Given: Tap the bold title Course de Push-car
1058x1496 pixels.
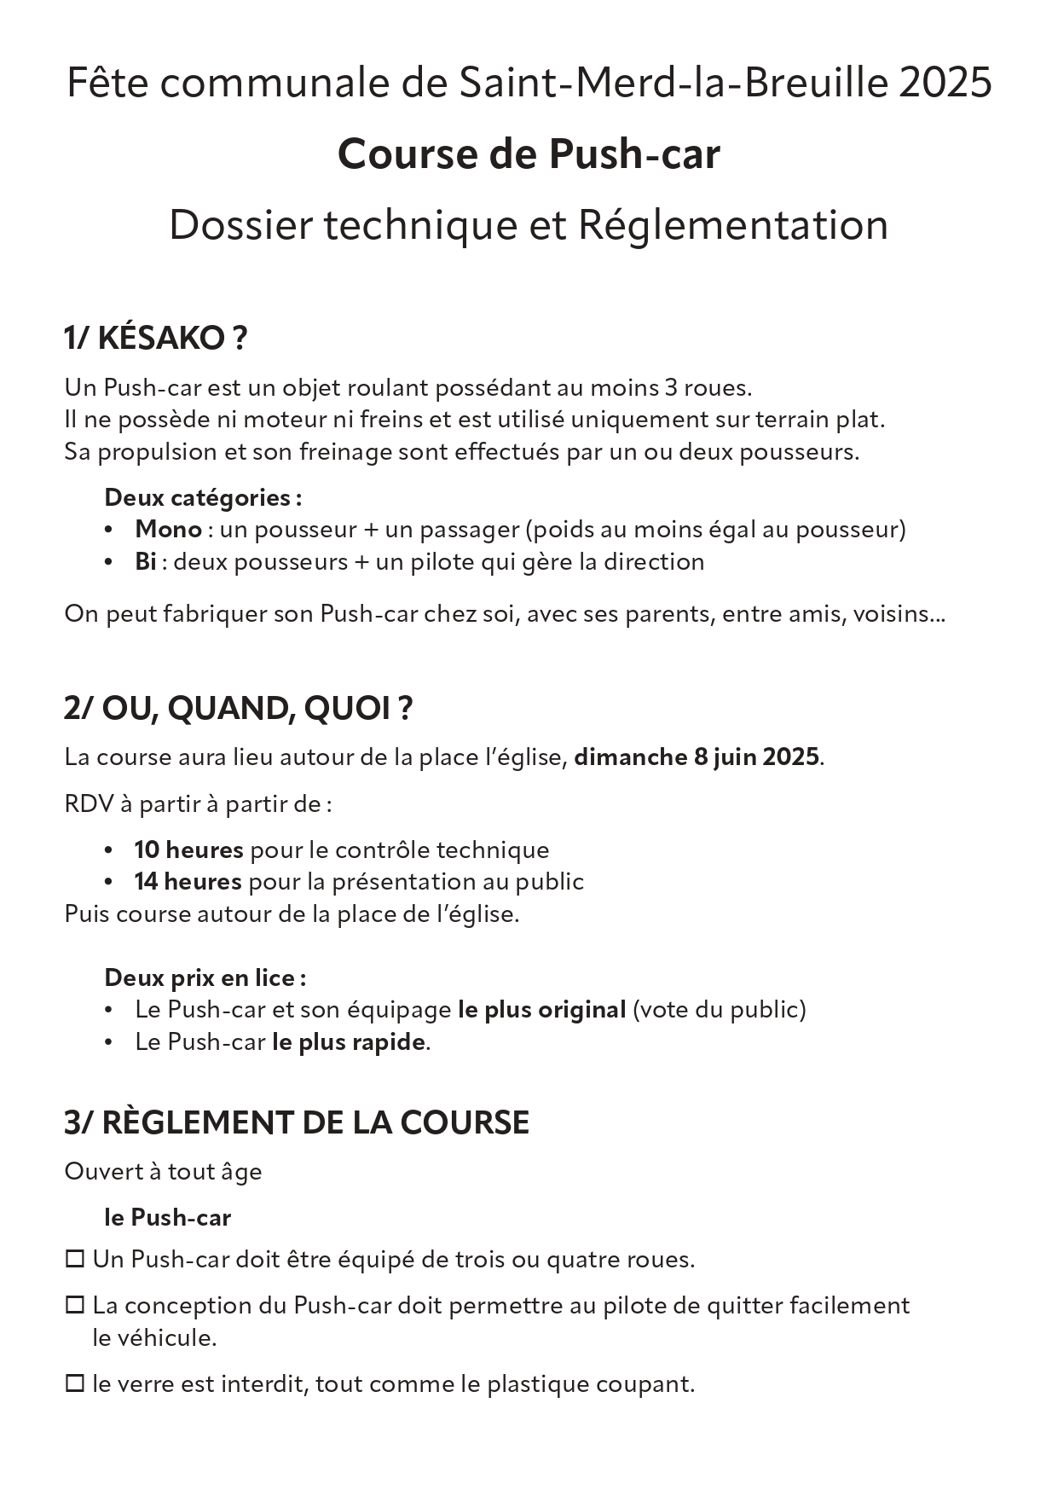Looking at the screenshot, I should pyautogui.click(x=529, y=154).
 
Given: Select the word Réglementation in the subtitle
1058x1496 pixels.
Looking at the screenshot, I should pyautogui.click(x=733, y=225).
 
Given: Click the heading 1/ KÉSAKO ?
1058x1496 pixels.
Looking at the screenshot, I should pyautogui.click(x=155, y=339).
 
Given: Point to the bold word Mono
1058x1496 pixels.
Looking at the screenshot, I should pyautogui.click(x=168, y=530).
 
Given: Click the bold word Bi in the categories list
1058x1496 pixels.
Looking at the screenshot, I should pyautogui.click(x=145, y=562).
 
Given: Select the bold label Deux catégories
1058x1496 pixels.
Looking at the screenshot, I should pyautogui.click(x=202, y=497).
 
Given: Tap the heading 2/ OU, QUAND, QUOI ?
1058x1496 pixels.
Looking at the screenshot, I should pyautogui.click(x=238, y=709).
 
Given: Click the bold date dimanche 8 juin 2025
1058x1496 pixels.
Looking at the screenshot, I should pyautogui.click(x=697, y=757).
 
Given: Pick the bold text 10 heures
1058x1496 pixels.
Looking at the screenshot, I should pyautogui.click(x=188, y=850).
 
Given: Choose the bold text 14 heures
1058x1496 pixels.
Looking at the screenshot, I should pyautogui.click(x=188, y=882).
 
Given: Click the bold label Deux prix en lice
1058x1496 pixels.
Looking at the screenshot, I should pyautogui.click(x=205, y=977).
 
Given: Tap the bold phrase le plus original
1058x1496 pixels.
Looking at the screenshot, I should pyautogui.click(x=541, y=1010).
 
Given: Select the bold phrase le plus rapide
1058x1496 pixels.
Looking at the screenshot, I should pyautogui.click(x=348, y=1042).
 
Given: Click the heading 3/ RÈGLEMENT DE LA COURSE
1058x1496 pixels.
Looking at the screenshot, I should pyautogui.click(x=296, y=1122).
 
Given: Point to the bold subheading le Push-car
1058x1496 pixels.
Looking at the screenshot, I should pyautogui.click(x=167, y=1218).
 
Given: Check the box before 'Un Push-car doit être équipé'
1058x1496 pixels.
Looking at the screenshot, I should pyautogui.click(x=75, y=1259).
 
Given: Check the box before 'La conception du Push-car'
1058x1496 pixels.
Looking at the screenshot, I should pyautogui.click(x=75, y=1305).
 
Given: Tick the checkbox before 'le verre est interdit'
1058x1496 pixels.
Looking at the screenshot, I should pyautogui.click(x=75, y=1383).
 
